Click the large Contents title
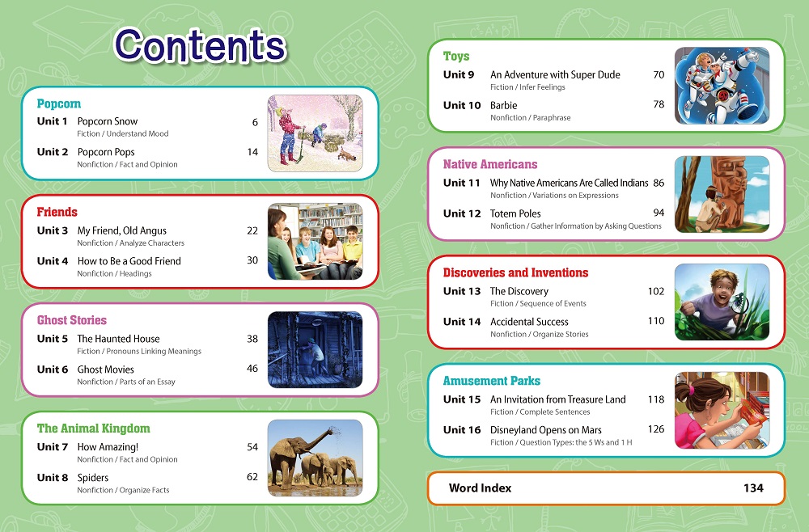[x=200, y=45]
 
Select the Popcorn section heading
[x=59, y=104]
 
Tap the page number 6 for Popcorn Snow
[x=255, y=122]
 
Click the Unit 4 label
[x=52, y=261]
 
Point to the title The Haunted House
[x=118, y=339]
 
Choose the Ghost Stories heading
[x=72, y=320]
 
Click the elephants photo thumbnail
[x=315, y=458]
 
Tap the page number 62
[x=252, y=477]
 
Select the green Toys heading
[x=456, y=56]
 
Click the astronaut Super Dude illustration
[x=722, y=86]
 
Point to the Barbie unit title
[x=503, y=105]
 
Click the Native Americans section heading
[x=490, y=164]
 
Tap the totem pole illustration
[x=722, y=194]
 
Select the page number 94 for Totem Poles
[x=659, y=213]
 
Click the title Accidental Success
[x=529, y=322]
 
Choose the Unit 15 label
[x=462, y=399]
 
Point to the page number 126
[x=656, y=429]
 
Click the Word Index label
[x=480, y=488]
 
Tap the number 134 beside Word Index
[x=753, y=488]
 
